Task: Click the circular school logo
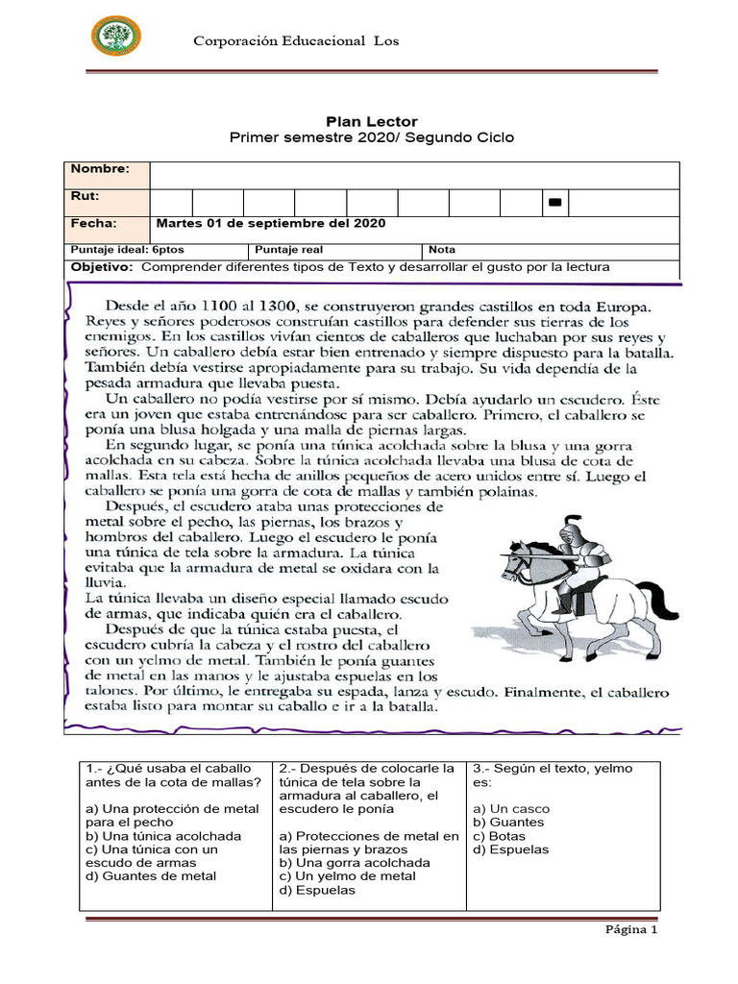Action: point(115,37)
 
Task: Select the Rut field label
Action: point(84,197)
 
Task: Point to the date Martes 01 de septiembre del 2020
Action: point(270,224)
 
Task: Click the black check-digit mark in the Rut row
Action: point(554,203)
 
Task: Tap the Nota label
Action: point(443,249)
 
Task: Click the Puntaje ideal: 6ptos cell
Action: point(113,249)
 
